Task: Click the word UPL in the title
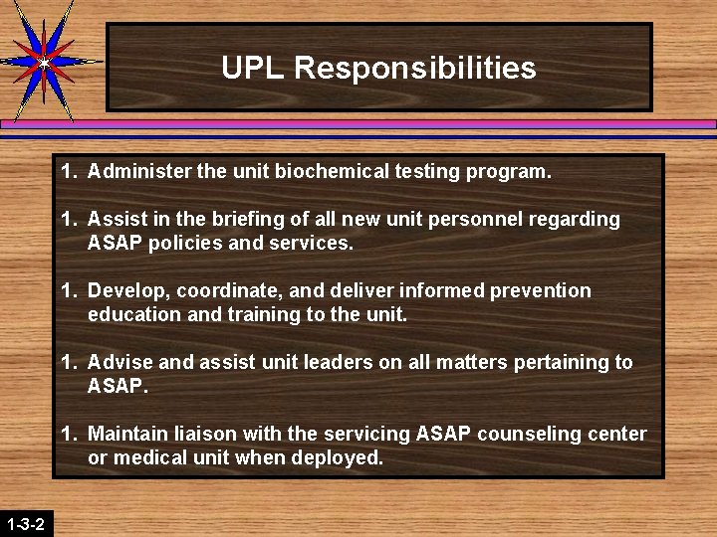pos(254,68)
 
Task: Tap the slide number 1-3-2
pos(25,523)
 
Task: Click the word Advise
pos(119,362)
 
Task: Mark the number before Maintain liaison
pos(68,434)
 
